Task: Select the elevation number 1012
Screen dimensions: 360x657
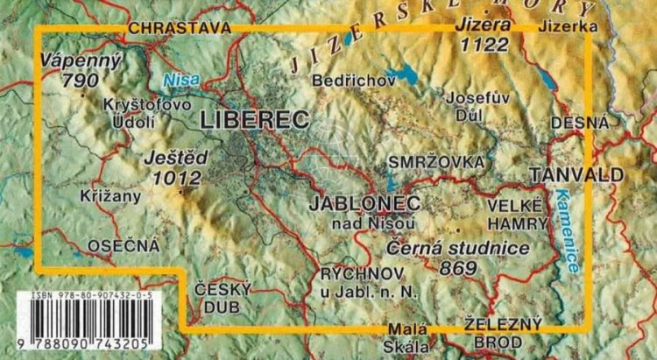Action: [x=176, y=179]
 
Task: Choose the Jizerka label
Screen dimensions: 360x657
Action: [x=570, y=27]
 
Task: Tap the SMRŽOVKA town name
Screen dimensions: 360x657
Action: [x=436, y=163]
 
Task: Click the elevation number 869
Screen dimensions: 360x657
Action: [x=465, y=267]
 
